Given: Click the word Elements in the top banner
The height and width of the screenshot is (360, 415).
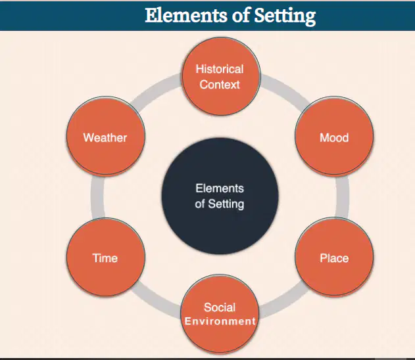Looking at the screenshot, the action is pyautogui.click(x=186, y=15).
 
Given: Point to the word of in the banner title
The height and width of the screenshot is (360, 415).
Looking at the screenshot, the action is pyautogui.click(x=241, y=15).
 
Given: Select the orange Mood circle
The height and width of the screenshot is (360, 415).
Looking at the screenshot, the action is pyautogui.click(x=334, y=136).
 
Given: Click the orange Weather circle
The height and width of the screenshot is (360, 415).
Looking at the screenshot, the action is pyautogui.click(x=106, y=136).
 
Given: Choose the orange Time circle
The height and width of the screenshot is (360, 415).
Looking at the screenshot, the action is pyautogui.click(x=106, y=257).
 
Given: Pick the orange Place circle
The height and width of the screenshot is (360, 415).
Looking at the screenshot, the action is pyautogui.click(x=334, y=256).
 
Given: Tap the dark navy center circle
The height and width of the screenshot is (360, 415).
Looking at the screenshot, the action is pyautogui.click(x=220, y=196).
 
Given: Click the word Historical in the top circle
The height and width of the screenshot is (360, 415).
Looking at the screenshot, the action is pyautogui.click(x=220, y=69).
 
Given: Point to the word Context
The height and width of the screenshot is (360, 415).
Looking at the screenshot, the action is pyautogui.click(x=220, y=85).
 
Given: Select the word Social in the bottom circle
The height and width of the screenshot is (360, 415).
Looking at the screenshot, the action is pyautogui.click(x=220, y=307).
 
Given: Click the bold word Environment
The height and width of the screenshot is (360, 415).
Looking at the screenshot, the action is pyautogui.click(x=220, y=321).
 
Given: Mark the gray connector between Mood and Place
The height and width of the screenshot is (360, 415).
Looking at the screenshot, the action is pyautogui.click(x=343, y=197).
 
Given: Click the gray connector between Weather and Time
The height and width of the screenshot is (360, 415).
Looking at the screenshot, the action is pyautogui.click(x=97, y=197).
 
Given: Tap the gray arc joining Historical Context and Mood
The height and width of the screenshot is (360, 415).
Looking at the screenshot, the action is pyautogui.click(x=286, y=91).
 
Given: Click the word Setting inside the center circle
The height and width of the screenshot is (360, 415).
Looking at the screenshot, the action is pyautogui.click(x=226, y=204).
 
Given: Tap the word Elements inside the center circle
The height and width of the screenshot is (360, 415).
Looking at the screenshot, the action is pyautogui.click(x=220, y=189).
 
